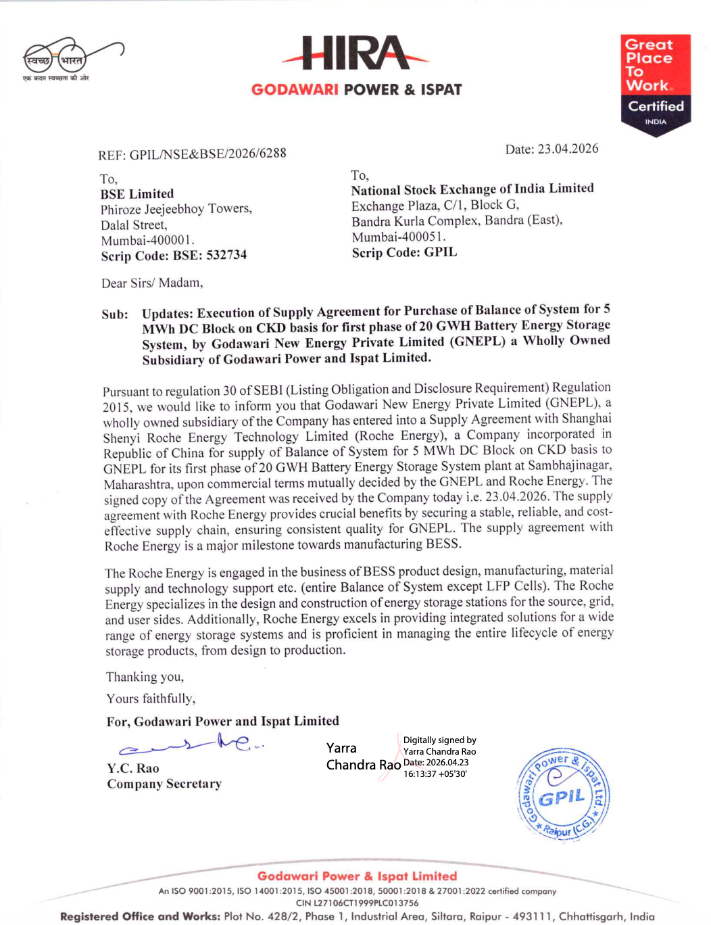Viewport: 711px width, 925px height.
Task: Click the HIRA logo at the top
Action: pos(355,53)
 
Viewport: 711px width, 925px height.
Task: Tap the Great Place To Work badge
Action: pos(656,85)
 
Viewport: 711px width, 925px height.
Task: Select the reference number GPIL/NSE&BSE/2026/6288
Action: pos(207,154)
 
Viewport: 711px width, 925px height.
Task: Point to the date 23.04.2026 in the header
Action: pos(568,149)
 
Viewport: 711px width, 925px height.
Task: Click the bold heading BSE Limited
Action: pos(137,194)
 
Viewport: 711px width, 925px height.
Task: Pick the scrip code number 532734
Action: pos(226,255)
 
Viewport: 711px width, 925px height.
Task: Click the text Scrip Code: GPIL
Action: pos(404,253)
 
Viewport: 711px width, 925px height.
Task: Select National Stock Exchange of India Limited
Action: pos(472,189)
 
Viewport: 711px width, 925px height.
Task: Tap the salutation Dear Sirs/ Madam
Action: pos(152,283)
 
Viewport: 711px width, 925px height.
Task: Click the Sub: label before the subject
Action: pos(115,314)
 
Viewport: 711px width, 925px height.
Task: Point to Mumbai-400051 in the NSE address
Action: pos(399,237)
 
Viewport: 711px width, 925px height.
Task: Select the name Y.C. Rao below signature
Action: pos(133,768)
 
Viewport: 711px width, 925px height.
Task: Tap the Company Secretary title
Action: pos(164,784)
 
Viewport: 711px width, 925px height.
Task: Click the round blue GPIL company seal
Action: pos(564,795)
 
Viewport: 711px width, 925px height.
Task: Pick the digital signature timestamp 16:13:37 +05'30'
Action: pos(435,774)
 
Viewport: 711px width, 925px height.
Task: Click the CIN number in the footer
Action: pos(357,903)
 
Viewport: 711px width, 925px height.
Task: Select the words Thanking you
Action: pos(145,677)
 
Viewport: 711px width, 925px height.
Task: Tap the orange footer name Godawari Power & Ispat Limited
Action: pos(357,876)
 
